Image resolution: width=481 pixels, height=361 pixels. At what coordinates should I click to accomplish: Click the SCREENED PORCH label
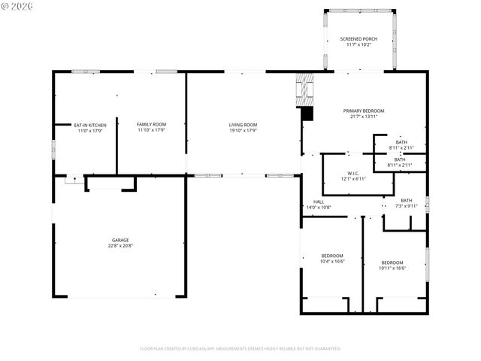click(358, 38)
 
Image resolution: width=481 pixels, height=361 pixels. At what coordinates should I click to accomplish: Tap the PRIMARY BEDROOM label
click(362, 111)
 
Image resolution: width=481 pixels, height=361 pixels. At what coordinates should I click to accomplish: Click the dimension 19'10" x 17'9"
click(244, 130)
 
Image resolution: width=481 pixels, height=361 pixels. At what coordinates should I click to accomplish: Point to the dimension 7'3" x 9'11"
click(406, 206)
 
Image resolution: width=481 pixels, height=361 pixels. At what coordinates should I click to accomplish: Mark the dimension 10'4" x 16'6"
click(332, 261)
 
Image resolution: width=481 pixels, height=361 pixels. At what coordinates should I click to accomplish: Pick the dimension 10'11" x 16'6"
click(392, 268)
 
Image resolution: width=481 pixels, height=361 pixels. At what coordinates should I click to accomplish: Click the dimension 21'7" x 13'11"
click(362, 117)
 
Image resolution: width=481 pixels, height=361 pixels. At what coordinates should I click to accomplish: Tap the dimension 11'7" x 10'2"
click(358, 44)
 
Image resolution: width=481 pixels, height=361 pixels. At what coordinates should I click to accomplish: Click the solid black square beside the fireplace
click(306, 114)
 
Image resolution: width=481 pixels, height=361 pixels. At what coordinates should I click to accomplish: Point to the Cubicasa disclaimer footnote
click(240, 348)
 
